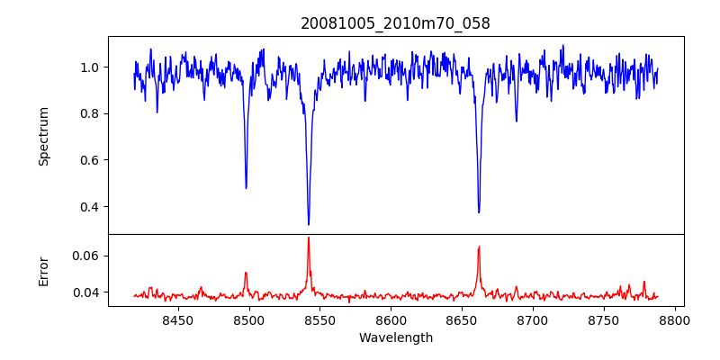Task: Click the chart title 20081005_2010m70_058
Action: pyautogui.click(x=395, y=23)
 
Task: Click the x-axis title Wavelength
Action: pyautogui.click(x=395, y=337)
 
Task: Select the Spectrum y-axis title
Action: pyautogui.click(x=44, y=136)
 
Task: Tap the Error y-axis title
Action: pyautogui.click(x=44, y=271)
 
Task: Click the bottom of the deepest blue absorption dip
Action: pyautogui.click(x=309, y=224)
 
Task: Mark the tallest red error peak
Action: pyautogui.click(x=309, y=238)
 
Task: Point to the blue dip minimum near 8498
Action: pyautogui.click(x=246, y=187)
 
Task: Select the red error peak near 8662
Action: pyautogui.click(x=479, y=247)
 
